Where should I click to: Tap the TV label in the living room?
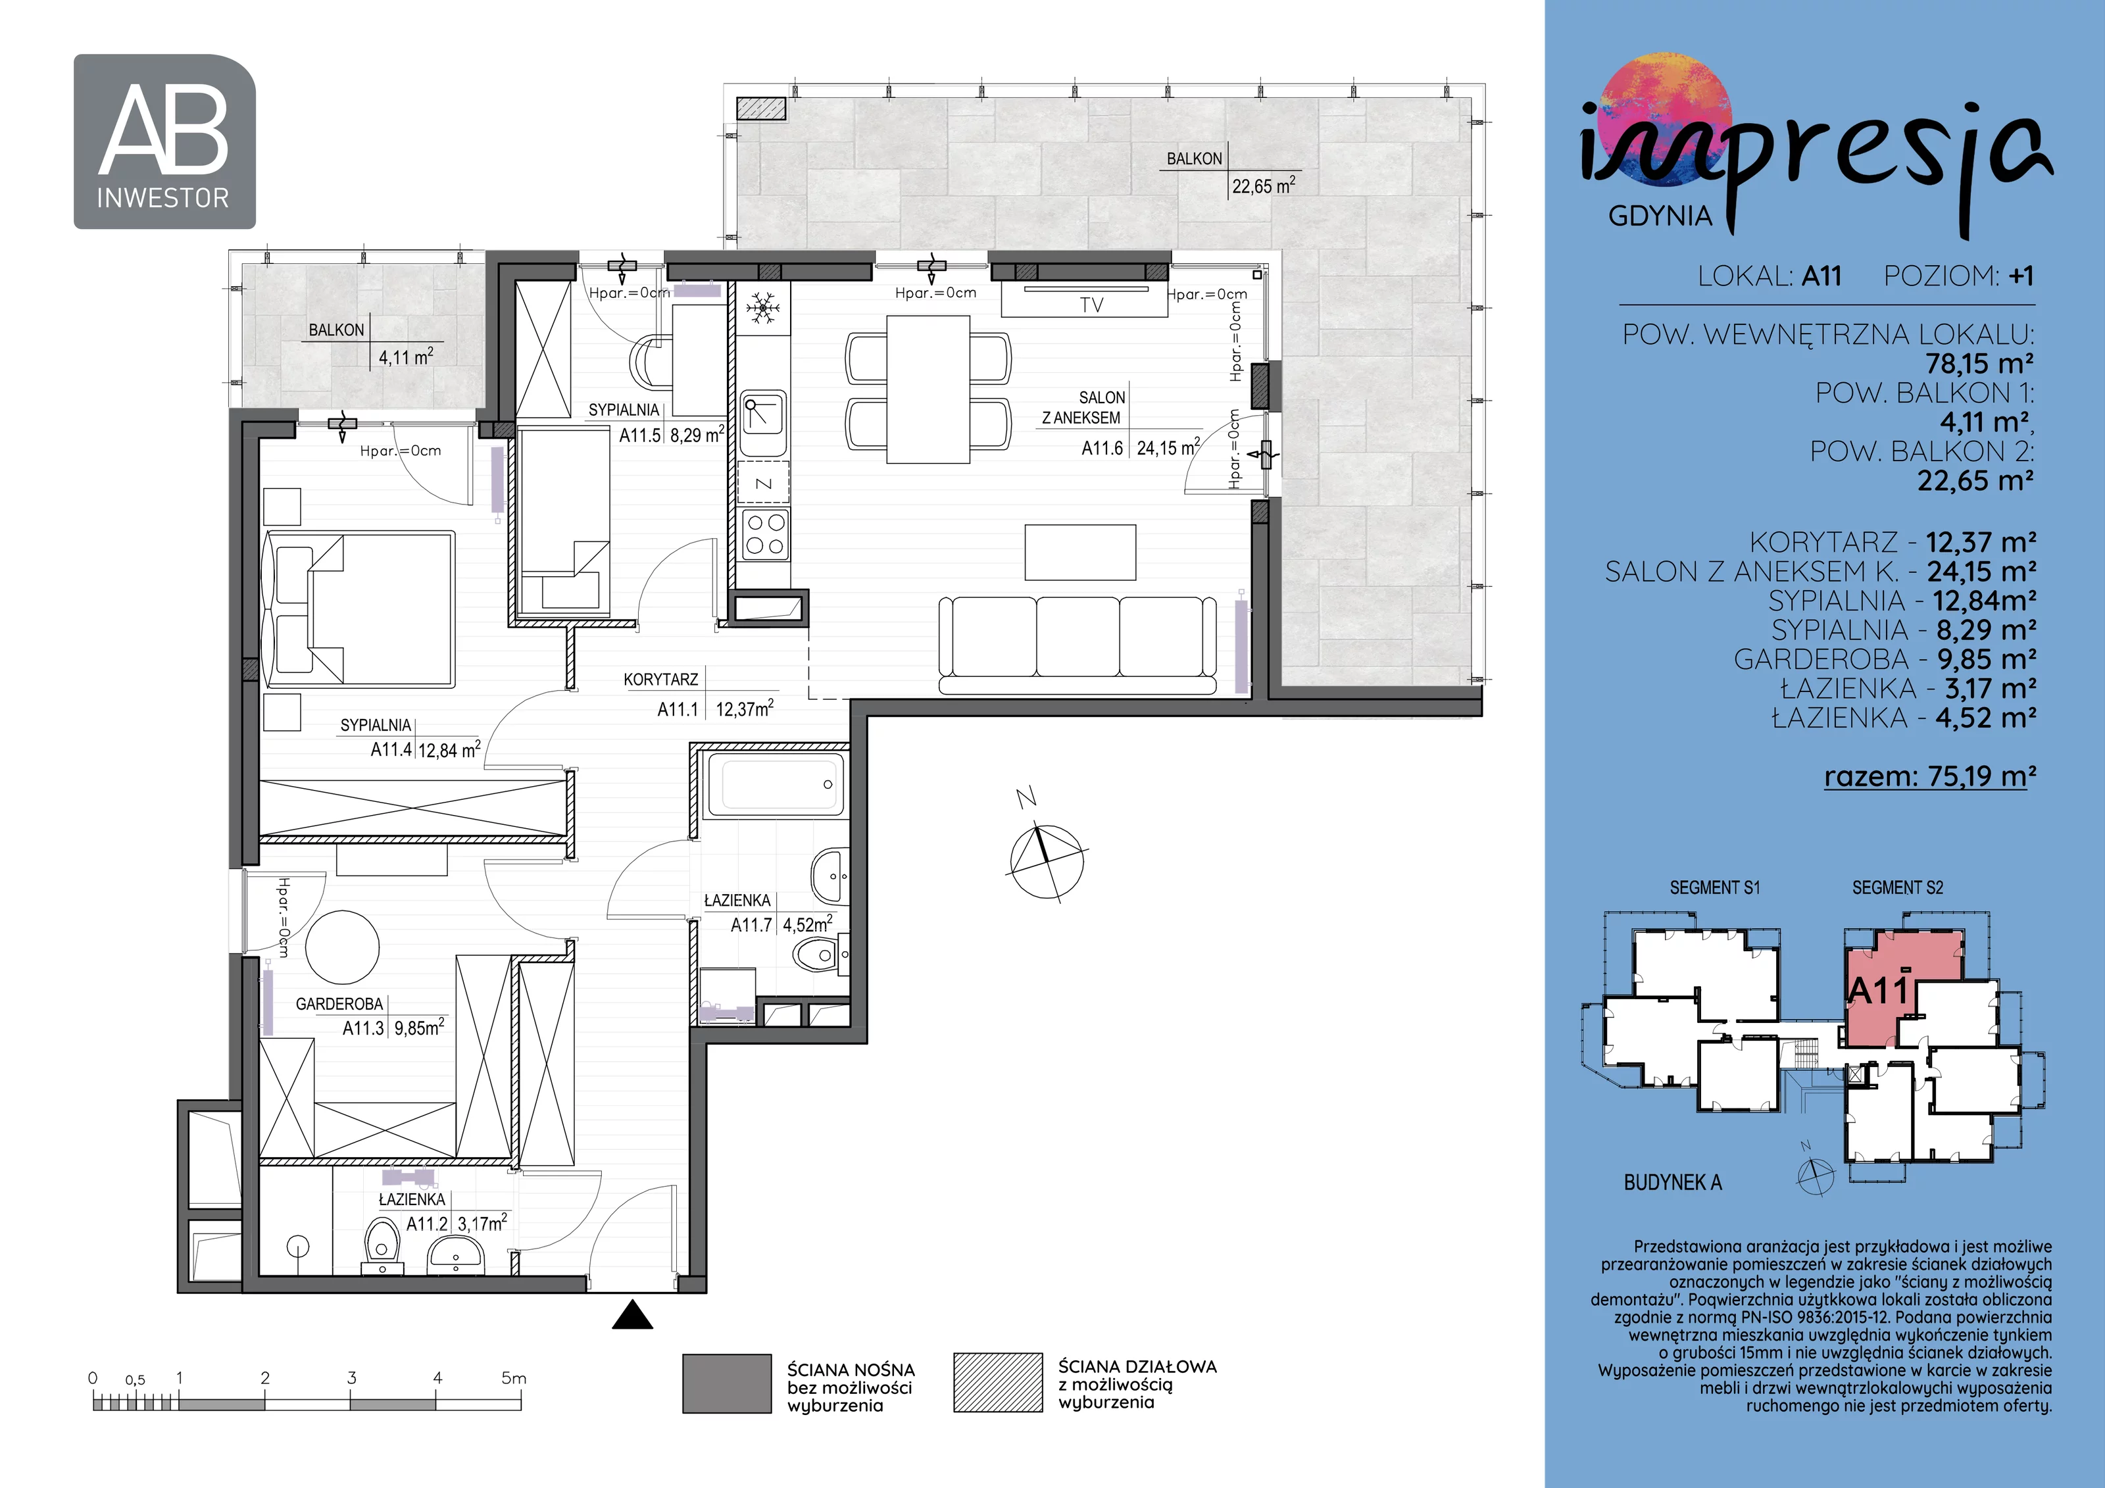[x=1091, y=305]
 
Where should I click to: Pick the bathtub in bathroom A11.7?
[x=775, y=785]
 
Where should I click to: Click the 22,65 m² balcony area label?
[x=1264, y=186]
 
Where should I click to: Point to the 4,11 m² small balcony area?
[x=405, y=357]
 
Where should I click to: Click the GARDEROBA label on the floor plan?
[x=339, y=1004]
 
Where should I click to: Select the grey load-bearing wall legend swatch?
[x=727, y=1383]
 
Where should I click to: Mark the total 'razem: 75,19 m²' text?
[x=1930, y=776]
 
